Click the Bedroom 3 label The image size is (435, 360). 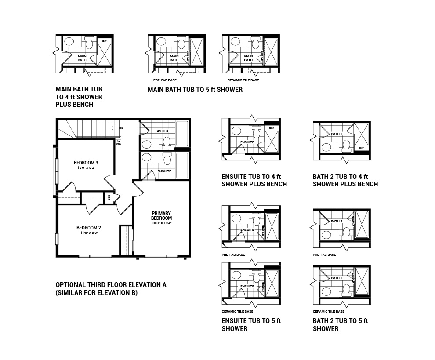click(86, 163)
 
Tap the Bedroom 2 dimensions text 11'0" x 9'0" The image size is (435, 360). click(89, 233)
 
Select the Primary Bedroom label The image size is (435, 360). click(161, 215)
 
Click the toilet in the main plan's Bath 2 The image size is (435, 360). click(166, 142)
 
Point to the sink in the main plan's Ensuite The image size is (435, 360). click(146, 157)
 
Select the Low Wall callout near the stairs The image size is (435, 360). click(119, 142)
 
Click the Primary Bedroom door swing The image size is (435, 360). click(138, 189)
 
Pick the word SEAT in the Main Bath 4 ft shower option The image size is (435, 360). click(104, 41)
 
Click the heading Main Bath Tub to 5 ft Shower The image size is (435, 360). click(195, 90)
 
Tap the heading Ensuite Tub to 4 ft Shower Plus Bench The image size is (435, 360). click(254, 180)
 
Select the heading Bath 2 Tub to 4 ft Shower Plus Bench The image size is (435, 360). click(345, 180)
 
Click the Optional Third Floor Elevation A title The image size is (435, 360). click(111, 285)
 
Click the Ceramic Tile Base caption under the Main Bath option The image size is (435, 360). click(243, 80)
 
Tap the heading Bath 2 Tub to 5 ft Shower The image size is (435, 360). click(340, 324)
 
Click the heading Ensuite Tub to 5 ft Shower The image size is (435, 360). click(251, 324)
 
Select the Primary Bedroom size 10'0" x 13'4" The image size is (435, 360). click(161, 223)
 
